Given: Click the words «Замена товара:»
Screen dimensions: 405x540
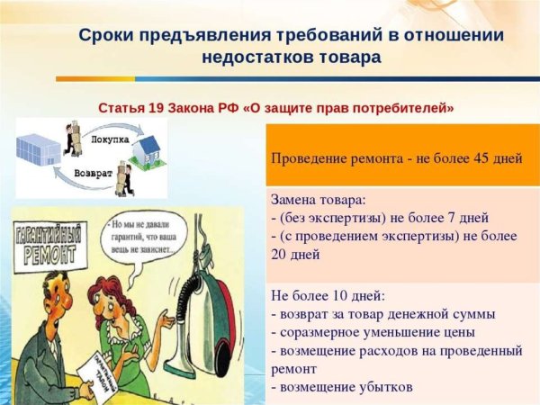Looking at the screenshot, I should (x=319, y=201).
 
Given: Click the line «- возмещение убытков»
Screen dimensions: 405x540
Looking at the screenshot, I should (x=341, y=388).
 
